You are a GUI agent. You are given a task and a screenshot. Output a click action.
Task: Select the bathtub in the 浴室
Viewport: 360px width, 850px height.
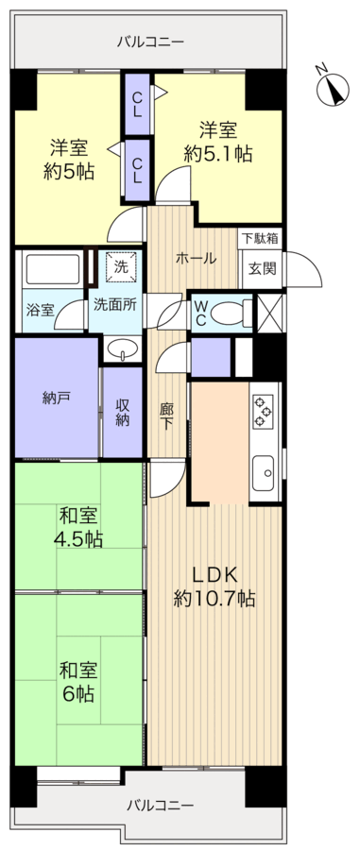(52, 269)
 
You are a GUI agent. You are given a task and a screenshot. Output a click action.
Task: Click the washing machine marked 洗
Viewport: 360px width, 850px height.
(123, 269)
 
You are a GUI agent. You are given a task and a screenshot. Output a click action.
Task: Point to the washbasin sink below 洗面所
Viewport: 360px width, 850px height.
(122, 348)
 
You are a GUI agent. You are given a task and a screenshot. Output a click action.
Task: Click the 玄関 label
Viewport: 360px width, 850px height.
(262, 268)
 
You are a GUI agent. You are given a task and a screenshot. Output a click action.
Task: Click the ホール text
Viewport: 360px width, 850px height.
(196, 259)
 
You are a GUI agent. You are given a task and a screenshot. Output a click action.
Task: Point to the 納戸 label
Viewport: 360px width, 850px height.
(55, 399)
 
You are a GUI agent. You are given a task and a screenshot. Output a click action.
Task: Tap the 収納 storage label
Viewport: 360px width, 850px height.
(123, 412)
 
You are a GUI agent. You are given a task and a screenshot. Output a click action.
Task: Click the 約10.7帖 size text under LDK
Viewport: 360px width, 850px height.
(214, 599)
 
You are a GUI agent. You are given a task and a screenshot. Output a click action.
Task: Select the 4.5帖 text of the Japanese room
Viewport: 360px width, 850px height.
(79, 539)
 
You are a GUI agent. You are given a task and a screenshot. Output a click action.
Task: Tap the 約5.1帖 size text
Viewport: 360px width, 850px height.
(217, 155)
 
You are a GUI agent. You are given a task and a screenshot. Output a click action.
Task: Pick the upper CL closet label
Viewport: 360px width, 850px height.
(138, 104)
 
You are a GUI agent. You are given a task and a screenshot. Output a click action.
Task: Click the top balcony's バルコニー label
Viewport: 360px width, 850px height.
(151, 42)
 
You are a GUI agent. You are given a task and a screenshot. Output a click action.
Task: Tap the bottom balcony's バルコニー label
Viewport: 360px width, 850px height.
(161, 805)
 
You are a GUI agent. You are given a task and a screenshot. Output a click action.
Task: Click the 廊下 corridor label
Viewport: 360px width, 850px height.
(166, 416)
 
